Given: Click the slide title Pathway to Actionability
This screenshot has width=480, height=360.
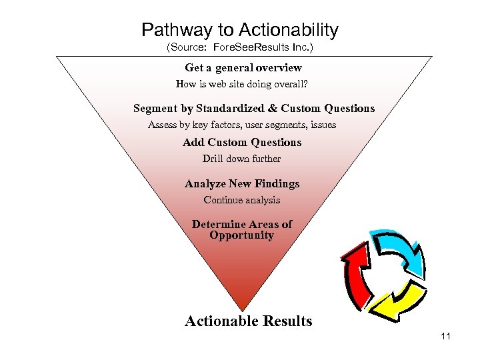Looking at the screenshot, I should click(240, 30).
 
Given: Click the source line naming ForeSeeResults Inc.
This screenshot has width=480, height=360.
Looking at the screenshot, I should click(239, 48).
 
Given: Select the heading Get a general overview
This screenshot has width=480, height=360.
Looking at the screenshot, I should click(243, 67).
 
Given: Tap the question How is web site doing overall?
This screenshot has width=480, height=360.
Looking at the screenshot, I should click(242, 84).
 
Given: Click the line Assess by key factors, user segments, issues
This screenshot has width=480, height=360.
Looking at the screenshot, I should click(241, 125).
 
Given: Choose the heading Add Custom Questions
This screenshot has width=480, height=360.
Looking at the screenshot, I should click(242, 142).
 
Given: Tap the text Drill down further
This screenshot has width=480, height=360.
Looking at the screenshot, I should click(241, 159).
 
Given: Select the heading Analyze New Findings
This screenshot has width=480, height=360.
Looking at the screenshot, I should click(242, 183).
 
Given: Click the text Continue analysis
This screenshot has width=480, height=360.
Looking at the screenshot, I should click(241, 200).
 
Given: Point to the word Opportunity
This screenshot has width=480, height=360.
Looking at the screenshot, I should click(241, 235).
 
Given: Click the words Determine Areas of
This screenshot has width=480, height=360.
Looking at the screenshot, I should click(241, 224).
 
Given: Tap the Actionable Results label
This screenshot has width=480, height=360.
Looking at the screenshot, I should click(248, 321).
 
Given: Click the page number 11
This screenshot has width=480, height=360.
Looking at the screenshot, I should click(445, 336).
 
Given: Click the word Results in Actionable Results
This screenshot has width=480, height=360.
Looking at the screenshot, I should click(287, 321).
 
